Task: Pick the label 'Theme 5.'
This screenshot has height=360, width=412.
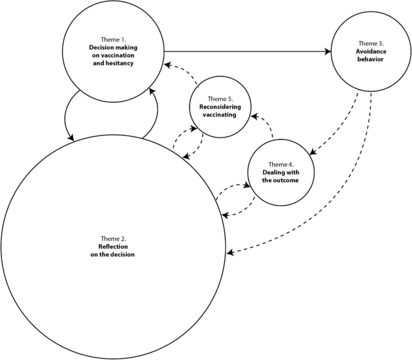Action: click(x=220, y=99)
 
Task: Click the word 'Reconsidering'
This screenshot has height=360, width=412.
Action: click(x=220, y=106)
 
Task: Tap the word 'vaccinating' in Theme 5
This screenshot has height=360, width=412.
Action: click(x=220, y=114)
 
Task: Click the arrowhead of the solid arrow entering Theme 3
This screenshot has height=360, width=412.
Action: click(x=328, y=52)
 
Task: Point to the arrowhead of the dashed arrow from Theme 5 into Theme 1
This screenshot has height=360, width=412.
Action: click(x=169, y=62)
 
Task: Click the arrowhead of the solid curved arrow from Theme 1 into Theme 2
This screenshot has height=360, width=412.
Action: click(x=71, y=138)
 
